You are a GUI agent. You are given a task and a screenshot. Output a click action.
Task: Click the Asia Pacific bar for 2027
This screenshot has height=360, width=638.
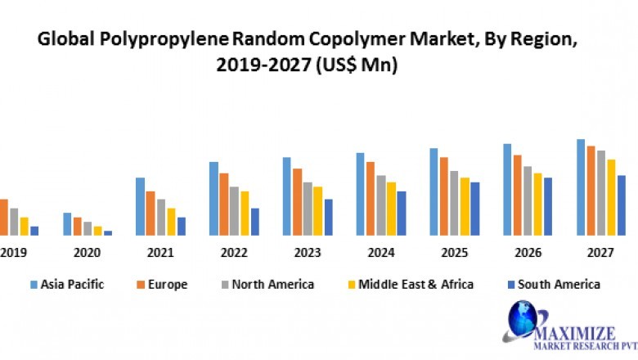[581, 187]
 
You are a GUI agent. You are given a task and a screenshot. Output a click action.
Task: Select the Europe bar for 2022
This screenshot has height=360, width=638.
[223, 205]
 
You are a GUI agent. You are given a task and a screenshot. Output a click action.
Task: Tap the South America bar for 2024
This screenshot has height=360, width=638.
[401, 214]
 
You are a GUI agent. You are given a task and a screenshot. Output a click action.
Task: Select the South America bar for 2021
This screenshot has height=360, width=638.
[182, 227]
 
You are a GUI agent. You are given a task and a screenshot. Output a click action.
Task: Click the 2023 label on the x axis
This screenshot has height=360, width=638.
[308, 253]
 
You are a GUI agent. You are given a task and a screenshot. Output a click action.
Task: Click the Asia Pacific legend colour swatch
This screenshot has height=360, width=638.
[34, 285]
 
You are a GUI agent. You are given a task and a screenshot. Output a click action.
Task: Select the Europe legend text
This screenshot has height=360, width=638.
[168, 285]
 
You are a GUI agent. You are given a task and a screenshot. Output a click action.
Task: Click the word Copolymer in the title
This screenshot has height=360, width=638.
[326, 38]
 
